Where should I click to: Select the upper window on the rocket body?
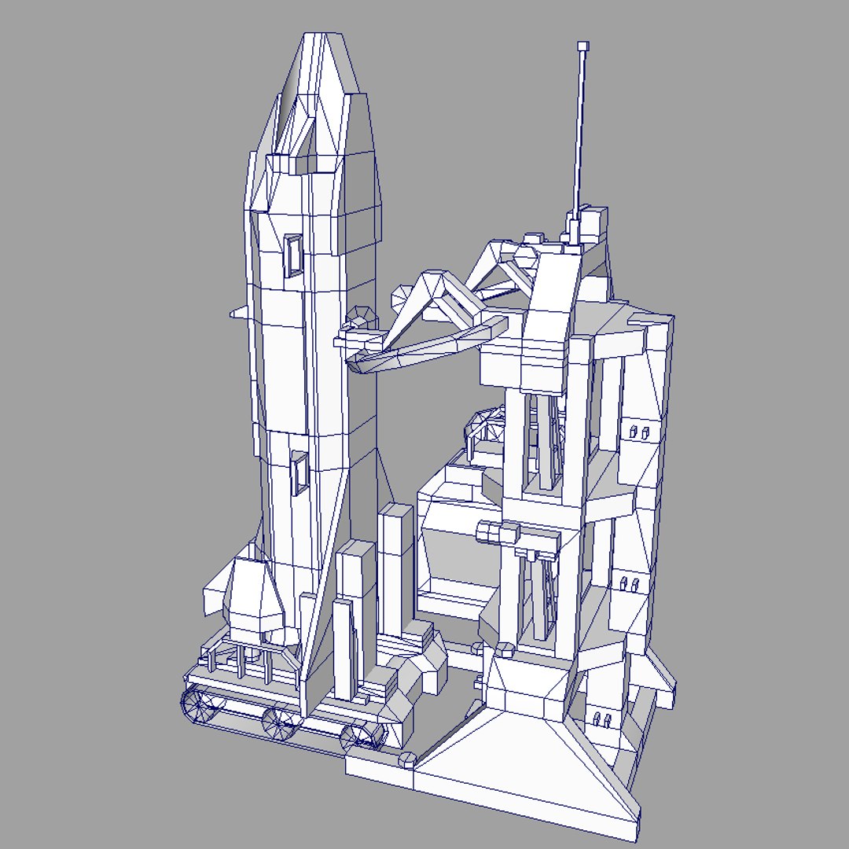point(293,255)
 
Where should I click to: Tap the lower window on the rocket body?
point(299,473)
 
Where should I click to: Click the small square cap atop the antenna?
point(583,46)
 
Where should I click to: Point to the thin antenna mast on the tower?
point(580,134)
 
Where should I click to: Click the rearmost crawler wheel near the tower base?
point(362,737)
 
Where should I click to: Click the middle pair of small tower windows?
point(629,583)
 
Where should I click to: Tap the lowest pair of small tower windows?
point(601,719)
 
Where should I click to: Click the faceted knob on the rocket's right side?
point(361,316)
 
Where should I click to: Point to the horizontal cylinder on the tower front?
point(498,533)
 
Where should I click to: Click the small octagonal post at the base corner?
point(407,759)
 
